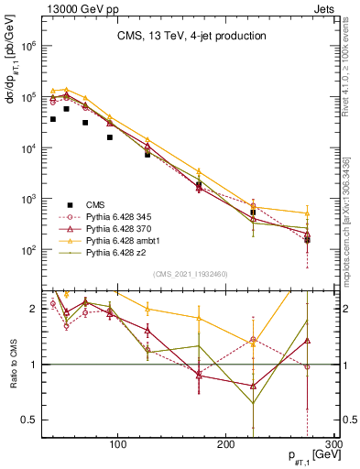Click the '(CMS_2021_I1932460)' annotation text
click(x=191, y=273)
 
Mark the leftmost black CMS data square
click(x=53, y=119)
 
